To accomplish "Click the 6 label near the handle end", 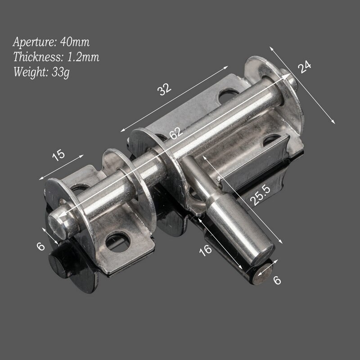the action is click(x=277, y=279).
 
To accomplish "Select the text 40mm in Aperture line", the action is click(x=75, y=42).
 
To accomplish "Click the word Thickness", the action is click(x=34, y=57).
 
